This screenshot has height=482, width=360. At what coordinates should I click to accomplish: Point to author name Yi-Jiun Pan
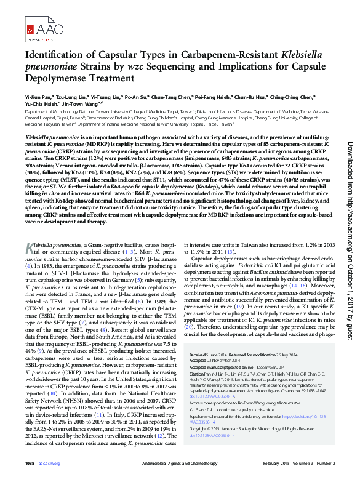(x=39, y=97)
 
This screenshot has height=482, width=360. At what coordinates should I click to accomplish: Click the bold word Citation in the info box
(x=199, y=373)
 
